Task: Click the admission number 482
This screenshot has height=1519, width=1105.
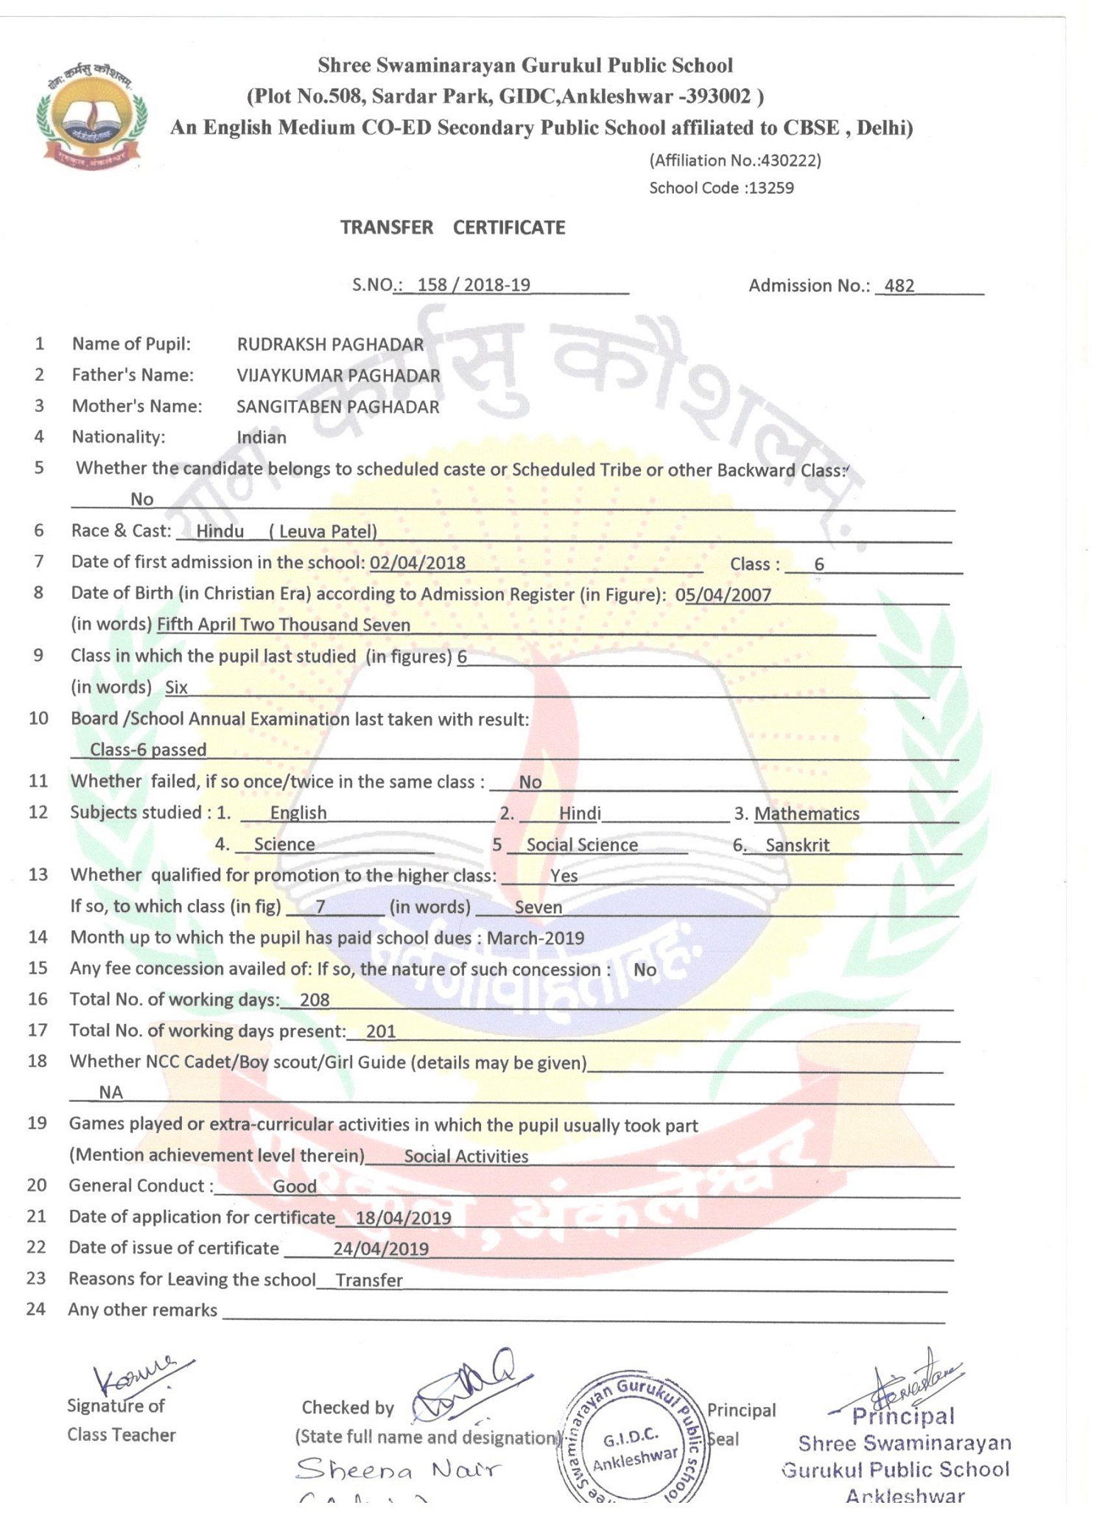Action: pos(899,286)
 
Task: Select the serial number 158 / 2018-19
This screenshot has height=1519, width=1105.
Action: pos(474,285)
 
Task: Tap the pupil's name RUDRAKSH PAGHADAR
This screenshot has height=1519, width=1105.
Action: pos(330,344)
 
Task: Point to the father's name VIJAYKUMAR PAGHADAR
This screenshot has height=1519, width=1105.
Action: pos(338,376)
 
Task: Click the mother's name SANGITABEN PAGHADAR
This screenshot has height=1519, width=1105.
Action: pos(337,407)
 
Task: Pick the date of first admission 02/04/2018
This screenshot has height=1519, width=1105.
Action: pos(418,563)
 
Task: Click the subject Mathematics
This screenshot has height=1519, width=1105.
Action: pos(807,814)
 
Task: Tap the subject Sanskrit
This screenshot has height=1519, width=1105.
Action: pos(797,845)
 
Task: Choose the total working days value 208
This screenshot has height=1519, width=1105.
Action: pos(315,1000)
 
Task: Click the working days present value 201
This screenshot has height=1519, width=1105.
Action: pos(381,1031)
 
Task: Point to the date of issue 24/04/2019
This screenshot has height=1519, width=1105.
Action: pos(381,1249)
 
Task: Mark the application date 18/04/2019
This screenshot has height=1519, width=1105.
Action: pos(403,1218)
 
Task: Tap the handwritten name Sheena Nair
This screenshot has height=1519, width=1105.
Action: pos(398,1470)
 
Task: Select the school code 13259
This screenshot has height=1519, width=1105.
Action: pos(771,188)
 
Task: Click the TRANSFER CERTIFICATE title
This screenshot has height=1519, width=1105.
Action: pos(452,228)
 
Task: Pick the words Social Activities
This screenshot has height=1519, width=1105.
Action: pos(466,1157)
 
